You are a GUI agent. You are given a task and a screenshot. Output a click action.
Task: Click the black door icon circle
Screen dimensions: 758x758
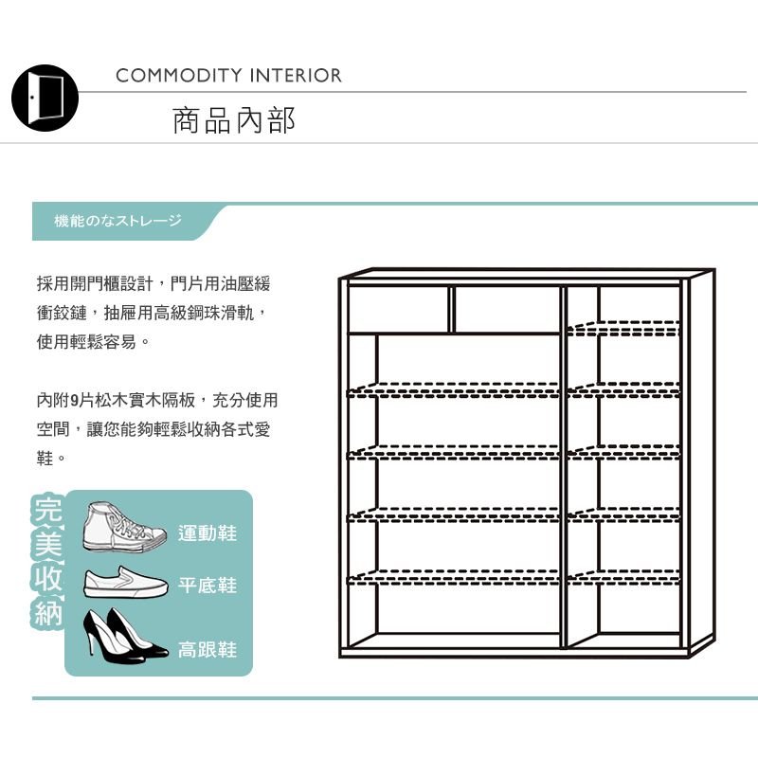45,98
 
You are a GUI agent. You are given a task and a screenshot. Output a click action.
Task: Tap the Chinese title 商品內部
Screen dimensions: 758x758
234,120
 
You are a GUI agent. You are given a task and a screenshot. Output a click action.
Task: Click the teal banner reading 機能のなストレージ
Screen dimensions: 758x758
119,221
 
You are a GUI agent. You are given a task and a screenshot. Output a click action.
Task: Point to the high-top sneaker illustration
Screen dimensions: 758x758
119,528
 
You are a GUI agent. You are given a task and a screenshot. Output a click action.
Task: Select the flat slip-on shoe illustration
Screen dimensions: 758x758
124,583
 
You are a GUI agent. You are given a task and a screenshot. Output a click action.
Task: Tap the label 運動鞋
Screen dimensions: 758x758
208,533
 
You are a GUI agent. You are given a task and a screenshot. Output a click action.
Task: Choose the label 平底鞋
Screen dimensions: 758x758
208,586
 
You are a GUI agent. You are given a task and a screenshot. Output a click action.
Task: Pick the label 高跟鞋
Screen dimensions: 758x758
208,650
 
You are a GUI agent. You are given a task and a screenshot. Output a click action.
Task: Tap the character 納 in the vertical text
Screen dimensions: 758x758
47,614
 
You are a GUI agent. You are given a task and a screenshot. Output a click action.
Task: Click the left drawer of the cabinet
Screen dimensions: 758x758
398,308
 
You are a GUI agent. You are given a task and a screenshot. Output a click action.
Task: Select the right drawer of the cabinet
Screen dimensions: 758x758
508,308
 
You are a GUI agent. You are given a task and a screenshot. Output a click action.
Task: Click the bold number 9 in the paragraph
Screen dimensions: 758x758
75,400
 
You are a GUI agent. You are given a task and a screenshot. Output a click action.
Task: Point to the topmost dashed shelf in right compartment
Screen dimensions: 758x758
623,330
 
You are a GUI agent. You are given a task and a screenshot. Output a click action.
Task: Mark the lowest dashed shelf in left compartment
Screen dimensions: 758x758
455,576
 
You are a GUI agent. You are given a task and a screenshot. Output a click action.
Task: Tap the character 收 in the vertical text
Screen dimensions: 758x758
47,579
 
